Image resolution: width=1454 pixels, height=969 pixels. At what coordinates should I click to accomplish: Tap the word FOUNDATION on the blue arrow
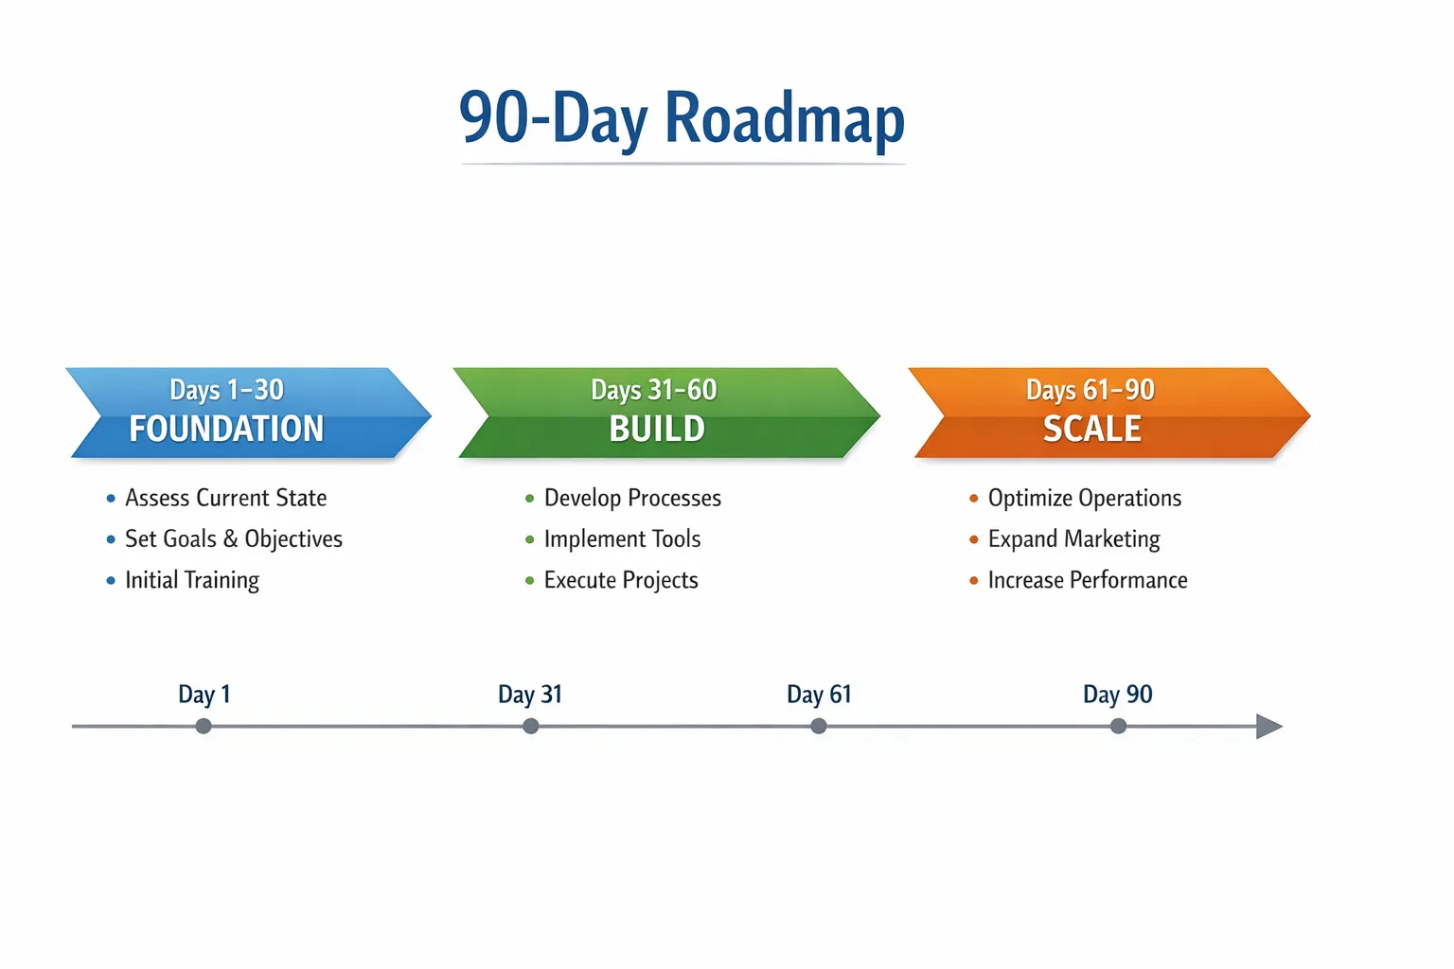coord(226,429)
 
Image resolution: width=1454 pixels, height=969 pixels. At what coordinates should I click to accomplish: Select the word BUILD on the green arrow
coord(657,429)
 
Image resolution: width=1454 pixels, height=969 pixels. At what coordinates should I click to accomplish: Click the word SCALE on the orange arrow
coord(1092,429)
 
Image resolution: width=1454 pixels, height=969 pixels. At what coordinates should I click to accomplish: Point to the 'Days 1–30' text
coord(226,390)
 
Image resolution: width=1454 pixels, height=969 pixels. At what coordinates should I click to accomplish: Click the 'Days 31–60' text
coord(654,390)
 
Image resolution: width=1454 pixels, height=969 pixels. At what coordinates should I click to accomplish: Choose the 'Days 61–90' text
coord(1090,390)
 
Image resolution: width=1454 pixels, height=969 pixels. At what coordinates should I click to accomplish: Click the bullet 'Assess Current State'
coord(226,498)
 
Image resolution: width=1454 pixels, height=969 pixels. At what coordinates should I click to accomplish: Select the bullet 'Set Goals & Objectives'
coord(234,539)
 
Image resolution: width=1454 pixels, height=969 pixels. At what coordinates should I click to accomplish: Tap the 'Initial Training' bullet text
coord(192,580)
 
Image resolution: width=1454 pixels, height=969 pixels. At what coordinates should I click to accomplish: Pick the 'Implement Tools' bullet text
coord(623,538)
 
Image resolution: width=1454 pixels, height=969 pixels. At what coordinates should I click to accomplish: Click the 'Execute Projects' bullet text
coord(621,580)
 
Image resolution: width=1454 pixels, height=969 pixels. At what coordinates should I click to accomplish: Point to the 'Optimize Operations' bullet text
coord(1085,499)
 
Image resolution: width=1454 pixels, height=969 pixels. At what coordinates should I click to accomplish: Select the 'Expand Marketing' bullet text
coord(1074,539)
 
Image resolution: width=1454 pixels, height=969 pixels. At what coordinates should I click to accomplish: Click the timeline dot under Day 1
coord(204,726)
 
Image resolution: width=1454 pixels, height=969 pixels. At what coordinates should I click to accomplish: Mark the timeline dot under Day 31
coord(531,726)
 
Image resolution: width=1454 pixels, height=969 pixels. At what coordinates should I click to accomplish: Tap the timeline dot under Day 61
coord(819,726)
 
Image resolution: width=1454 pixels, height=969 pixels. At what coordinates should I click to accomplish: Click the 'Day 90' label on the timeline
coord(1118,695)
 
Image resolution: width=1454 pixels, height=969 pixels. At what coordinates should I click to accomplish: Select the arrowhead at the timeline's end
coord(1269,726)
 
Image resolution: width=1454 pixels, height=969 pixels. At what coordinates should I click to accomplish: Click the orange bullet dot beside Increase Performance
coord(974,580)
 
